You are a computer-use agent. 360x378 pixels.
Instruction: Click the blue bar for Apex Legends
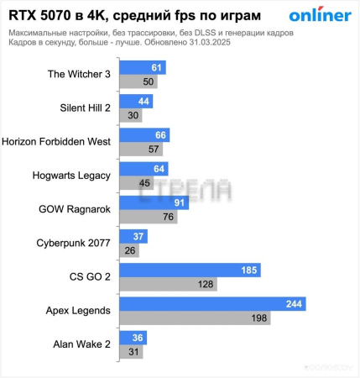212,304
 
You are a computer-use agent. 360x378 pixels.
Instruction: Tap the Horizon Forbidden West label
57,142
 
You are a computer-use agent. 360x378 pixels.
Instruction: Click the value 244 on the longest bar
294,304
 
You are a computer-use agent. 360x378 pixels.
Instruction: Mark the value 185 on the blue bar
249,270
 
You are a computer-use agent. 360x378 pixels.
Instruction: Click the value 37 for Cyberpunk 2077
139,237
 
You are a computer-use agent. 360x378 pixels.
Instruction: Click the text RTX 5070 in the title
42,14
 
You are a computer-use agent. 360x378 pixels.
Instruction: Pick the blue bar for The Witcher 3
143,67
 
